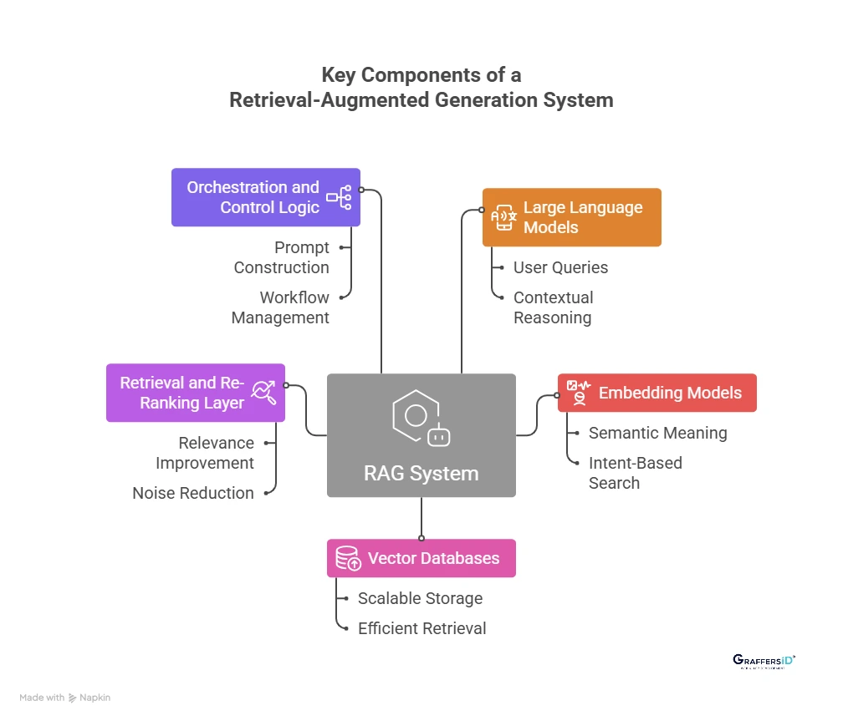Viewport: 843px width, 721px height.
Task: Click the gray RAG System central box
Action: (x=421, y=435)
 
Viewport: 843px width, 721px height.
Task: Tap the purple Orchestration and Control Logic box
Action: (x=265, y=197)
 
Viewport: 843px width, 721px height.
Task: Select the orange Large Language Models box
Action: (x=571, y=217)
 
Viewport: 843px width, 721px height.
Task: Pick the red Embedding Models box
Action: (x=657, y=393)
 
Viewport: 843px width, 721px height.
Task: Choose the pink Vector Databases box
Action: (x=421, y=558)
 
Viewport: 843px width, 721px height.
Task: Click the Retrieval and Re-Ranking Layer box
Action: (x=195, y=393)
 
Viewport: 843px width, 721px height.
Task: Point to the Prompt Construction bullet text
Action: (x=282, y=257)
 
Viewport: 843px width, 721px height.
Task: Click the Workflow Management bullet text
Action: (x=280, y=307)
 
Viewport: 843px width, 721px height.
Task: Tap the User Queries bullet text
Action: (x=560, y=267)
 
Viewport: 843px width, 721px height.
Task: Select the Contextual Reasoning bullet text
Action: (x=553, y=307)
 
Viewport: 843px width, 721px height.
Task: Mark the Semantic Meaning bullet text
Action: (x=657, y=433)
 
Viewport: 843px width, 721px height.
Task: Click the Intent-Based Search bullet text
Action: (x=635, y=473)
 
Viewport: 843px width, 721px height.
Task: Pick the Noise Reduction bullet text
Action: (x=193, y=493)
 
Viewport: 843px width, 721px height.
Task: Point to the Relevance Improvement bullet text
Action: (x=205, y=453)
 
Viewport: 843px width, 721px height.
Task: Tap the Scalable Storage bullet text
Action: (x=420, y=598)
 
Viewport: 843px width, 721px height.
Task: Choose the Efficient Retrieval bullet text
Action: (x=421, y=628)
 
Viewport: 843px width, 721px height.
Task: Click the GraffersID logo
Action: (x=764, y=662)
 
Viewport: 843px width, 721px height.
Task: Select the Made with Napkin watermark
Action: (x=65, y=698)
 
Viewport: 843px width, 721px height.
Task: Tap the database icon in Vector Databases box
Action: (x=347, y=558)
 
